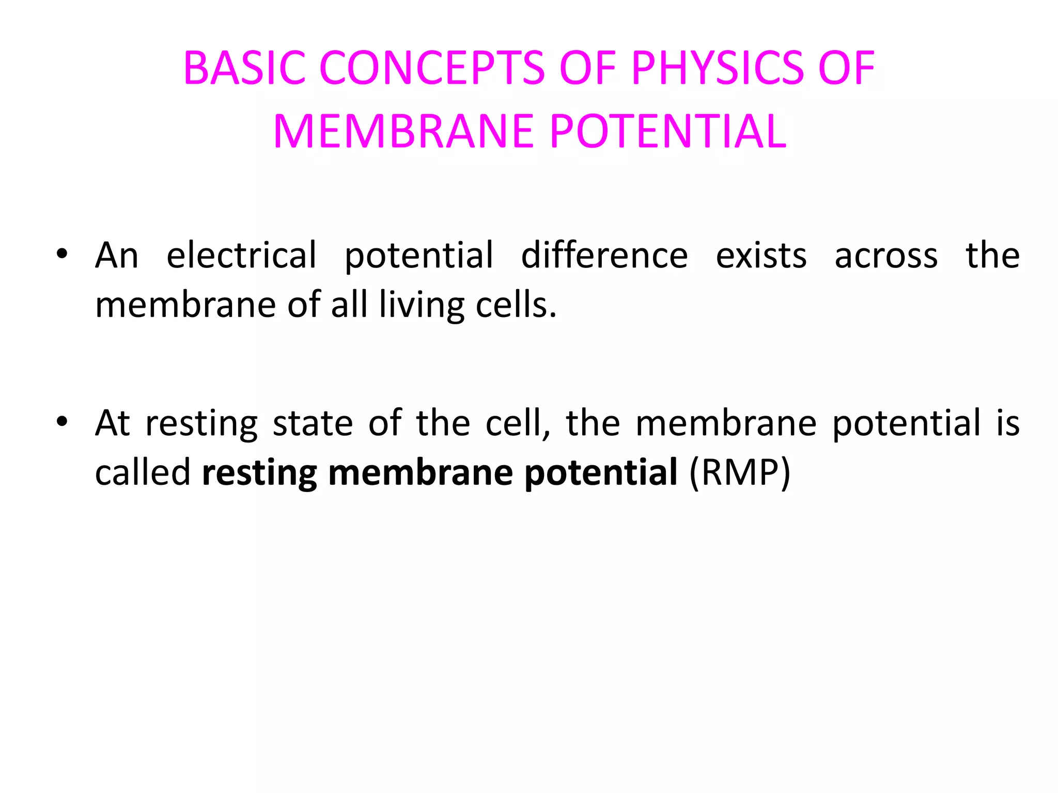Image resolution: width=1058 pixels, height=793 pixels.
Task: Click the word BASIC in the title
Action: click(x=244, y=68)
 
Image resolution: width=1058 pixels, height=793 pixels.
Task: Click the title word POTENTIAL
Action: click(x=668, y=132)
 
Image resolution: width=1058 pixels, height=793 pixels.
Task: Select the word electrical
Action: click(x=241, y=255)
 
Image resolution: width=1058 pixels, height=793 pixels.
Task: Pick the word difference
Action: click(x=604, y=255)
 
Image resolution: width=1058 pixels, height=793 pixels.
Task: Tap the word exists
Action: click(x=761, y=256)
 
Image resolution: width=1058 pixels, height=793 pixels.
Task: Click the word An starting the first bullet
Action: click(x=117, y=256)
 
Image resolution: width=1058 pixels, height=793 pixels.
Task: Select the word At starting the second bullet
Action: click(x=113, y=423)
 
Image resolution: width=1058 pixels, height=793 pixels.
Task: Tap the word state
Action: click(x=313, y=423)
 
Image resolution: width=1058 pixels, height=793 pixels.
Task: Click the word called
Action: click(x=143, y=472)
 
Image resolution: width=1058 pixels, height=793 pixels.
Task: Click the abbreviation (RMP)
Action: click(x=740, y=472)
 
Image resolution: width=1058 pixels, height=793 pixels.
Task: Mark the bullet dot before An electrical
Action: click(x=62, y=255)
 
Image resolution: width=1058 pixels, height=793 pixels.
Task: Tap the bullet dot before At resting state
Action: click(x=62, y=422)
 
